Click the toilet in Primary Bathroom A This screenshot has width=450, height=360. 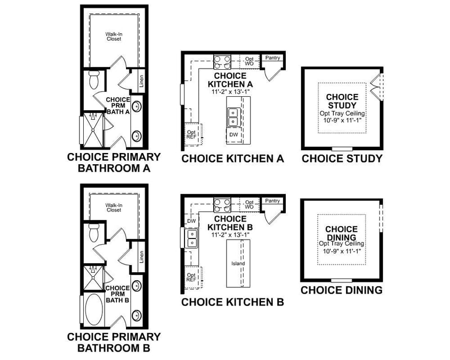click(x=94, y=80)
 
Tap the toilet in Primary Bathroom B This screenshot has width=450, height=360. click(x=94, y=231)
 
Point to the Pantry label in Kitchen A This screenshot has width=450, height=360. click(x=272, y=58)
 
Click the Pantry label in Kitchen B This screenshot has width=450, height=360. click(x=272, y=201)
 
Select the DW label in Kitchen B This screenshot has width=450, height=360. click(x=190, y=222)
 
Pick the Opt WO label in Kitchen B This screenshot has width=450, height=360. click(x=249, y=204)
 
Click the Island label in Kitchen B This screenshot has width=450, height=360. click(x=237, y=263)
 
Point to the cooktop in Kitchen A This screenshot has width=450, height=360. click(x=222, y=61)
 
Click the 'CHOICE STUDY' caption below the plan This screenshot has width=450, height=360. click(x=342, y=159)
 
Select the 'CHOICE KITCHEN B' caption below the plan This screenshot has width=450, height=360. click(x=232, y=302)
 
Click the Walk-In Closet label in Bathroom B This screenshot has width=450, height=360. click(x=114, y=208)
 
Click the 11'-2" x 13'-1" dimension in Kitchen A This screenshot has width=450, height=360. click(x=229, y=91)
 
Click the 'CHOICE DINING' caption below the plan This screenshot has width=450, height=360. click(x=341, y=290)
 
